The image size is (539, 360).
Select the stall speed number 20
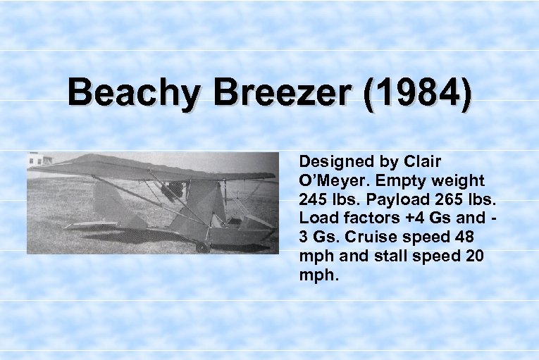473,256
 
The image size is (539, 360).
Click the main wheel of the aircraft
204,247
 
